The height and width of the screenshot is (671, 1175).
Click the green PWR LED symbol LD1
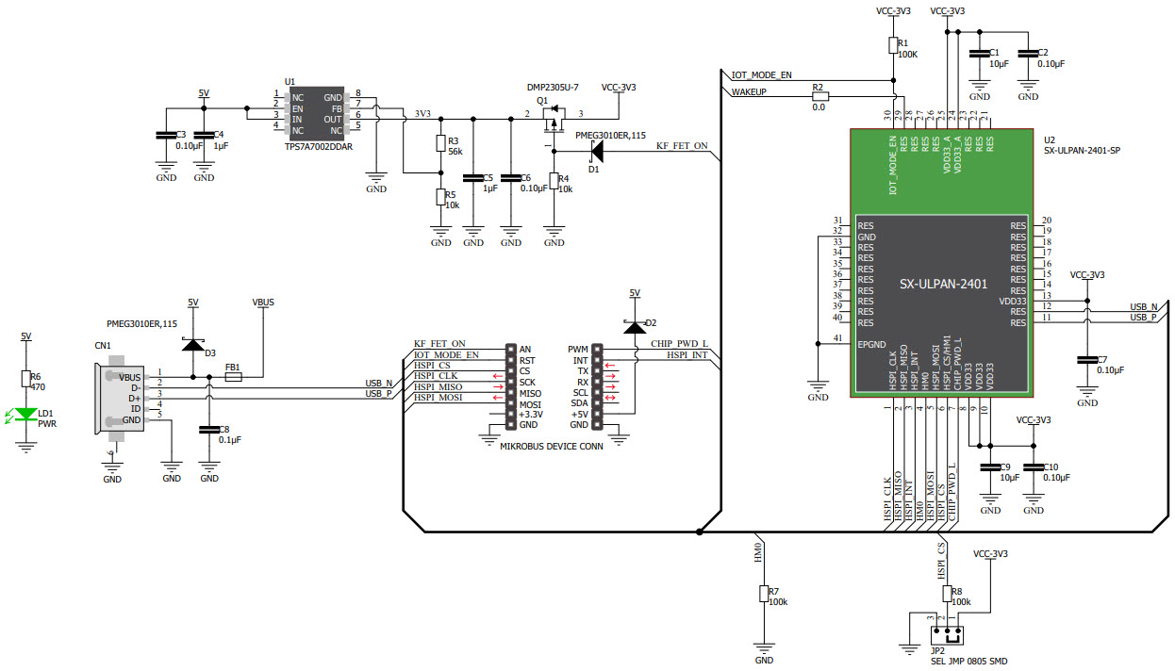coord(25,415)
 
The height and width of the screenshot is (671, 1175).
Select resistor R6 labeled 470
coord(25,379)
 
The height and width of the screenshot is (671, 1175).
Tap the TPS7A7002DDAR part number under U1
coord(317,147)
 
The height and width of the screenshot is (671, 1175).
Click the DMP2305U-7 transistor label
coord(553,87)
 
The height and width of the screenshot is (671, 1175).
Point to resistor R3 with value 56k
coord(440,143)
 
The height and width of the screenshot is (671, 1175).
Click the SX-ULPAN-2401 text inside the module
coord(942,283)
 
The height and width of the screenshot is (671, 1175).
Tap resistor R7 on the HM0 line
coord(764,594)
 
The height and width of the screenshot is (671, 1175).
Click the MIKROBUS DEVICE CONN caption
coord(552,447)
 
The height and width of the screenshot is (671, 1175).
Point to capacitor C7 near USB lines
coord(1086,360)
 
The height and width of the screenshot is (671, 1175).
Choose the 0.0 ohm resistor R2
coord(819,95)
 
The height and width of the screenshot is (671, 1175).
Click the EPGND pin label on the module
coord(871,345)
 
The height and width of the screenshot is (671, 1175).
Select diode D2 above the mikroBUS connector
coord(635,326)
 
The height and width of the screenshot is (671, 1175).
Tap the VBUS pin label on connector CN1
coord(130,376)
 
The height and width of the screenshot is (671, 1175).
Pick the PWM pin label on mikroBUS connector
coord(578,349)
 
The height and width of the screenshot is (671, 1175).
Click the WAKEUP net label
coord(749,92)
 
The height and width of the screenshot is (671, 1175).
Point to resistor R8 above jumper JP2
coord(946,594)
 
